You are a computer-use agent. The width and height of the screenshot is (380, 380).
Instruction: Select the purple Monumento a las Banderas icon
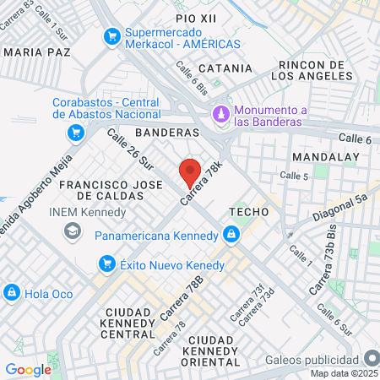[x=221, y=113]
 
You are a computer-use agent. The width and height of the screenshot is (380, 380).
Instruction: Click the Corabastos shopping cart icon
[x=76, y=133]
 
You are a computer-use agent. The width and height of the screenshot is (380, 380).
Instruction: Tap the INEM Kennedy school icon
[x=73, y=230]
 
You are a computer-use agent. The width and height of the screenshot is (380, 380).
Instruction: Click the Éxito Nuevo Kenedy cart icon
[x=107, y=265]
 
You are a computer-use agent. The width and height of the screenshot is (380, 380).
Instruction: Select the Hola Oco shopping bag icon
[x=12, y=292]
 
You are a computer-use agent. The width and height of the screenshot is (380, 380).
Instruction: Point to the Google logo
[x=28, y=369]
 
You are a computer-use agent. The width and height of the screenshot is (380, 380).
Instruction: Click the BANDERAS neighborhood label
[x=166, y=133]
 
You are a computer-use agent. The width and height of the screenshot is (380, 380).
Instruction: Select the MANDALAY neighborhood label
[x=325, y=158]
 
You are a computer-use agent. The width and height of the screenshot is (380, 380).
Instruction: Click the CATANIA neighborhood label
[x=225, y=68]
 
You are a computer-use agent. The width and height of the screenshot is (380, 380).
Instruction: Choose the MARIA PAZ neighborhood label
[x=37, y=52]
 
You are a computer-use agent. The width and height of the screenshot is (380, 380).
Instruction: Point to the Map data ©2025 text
[x=344, y=372]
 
